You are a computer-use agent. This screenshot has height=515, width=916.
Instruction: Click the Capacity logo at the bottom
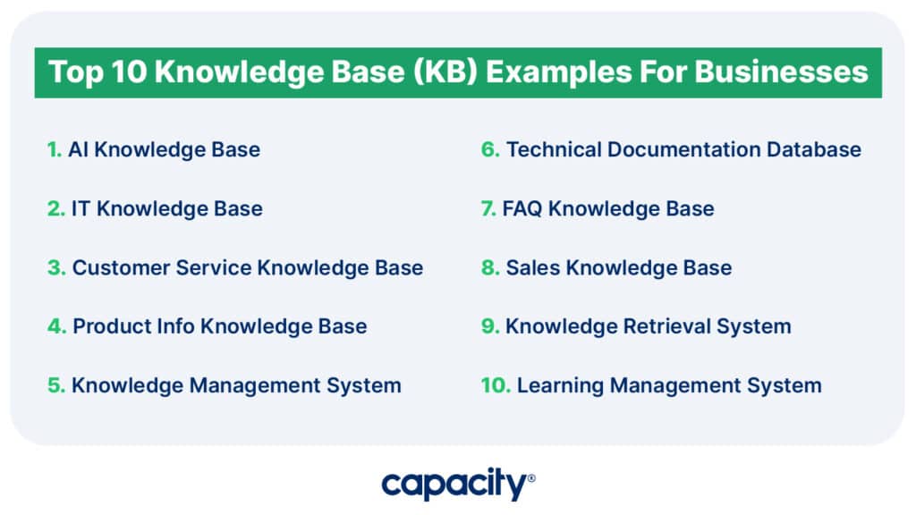tap(458, 484)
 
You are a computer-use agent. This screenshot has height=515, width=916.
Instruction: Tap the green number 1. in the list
tap(55, 149)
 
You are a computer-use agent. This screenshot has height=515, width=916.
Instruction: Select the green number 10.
tap(496, 385)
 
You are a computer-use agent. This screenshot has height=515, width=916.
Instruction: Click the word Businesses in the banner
tap(781, 72)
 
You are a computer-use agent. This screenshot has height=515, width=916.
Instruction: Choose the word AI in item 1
tap(79, 149)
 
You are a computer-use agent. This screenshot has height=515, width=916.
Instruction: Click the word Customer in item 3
tap(121, 267)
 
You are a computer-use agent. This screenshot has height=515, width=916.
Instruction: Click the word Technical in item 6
tap(554, 149)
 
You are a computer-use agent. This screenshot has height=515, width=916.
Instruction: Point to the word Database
tap(814, 149)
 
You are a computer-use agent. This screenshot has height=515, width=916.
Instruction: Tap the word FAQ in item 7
tap(522, 208)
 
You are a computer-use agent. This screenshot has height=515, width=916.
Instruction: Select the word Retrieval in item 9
tap(667, 325)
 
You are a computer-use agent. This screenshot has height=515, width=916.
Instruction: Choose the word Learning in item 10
tap(560, 385)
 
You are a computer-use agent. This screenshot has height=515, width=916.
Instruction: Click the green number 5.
tap(56, 385)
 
